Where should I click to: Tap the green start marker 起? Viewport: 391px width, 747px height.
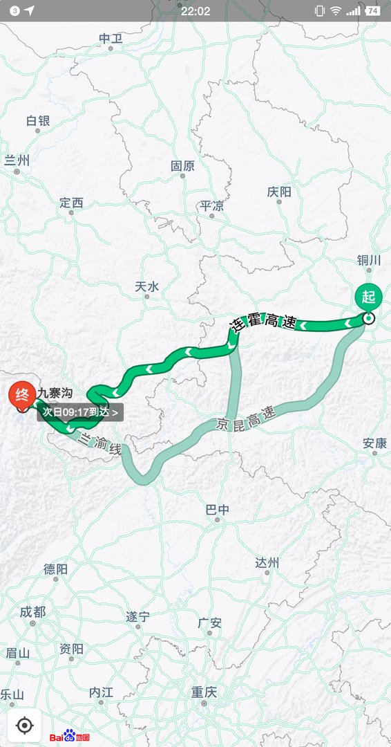[368, 297]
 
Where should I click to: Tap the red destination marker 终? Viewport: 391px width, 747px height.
[21, 396]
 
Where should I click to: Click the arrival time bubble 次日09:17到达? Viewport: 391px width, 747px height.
[80, 412]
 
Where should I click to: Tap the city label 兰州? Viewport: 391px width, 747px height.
[17, 160]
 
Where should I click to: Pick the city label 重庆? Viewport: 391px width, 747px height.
[204, 691]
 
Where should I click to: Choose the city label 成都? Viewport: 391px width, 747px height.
[32, 611]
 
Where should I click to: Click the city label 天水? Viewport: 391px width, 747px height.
[146, 286]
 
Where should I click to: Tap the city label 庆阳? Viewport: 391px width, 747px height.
[279, 192]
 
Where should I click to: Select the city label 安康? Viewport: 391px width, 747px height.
[375, 443]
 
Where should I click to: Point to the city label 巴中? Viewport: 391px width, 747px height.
[217, 510]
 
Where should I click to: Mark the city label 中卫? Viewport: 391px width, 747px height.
[111, 39]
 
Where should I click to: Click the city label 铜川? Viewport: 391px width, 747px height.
[369, 259]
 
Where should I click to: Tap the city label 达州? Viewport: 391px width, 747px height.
[267, 562]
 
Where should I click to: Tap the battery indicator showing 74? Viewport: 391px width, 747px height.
[373, 10]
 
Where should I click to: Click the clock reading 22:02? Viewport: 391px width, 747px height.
[195, 10]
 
